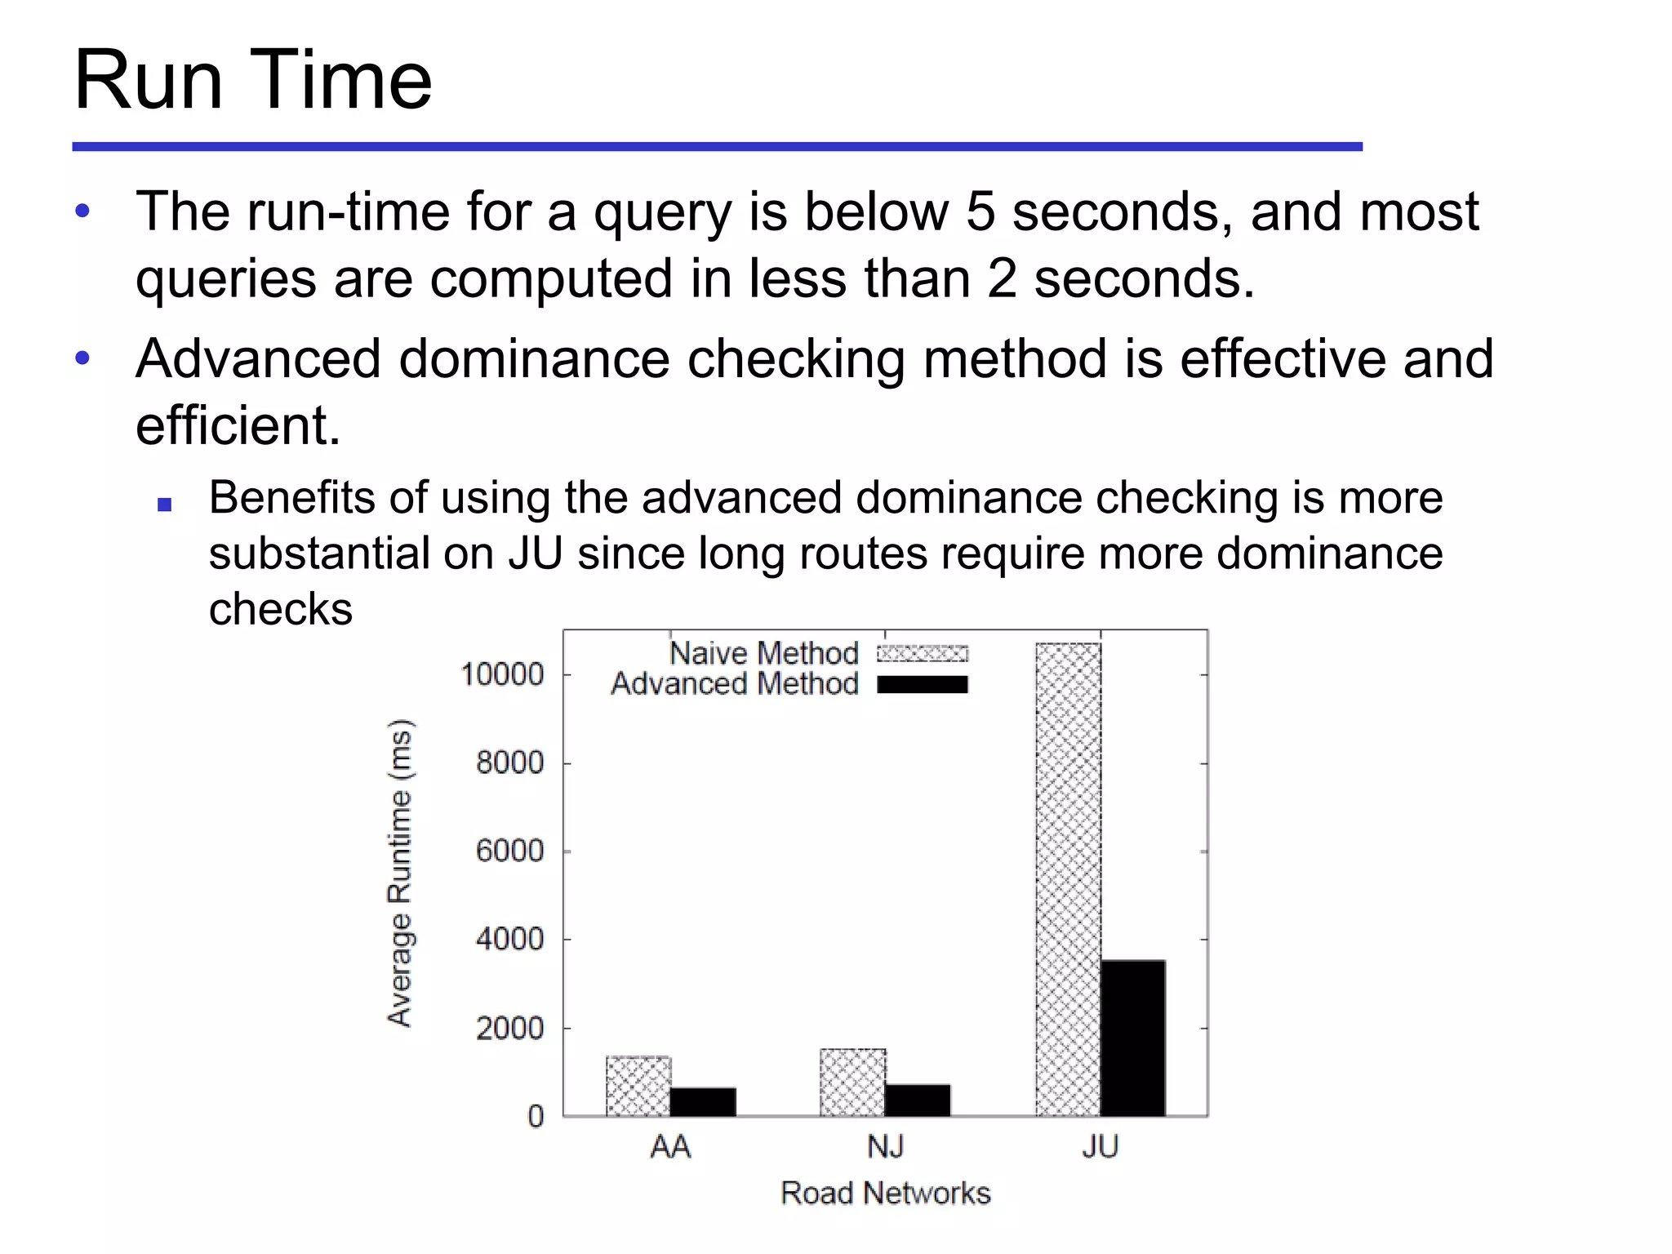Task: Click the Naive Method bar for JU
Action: coord(1068,878)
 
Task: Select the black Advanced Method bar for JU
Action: coord(1132,1038)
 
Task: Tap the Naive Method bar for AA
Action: coord(638,1086)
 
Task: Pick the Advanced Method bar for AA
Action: coord(703,1101)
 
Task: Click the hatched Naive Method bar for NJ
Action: coord(852,1082)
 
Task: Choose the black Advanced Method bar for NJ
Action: coord(918,1100)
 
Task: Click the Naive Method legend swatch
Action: coord(922,653)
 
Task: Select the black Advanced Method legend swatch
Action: coord(922,684)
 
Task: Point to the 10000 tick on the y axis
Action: coord(502,674)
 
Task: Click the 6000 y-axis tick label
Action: coord(509,851)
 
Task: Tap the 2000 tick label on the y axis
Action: coord(509,1028)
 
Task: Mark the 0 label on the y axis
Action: coord(536,1116)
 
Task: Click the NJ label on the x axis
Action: coord(885,1147)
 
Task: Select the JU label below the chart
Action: coord(1100,1147)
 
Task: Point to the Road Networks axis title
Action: coord(885,1193)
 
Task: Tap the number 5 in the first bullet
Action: coord(981,211)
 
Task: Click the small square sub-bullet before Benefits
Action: coord(164,505)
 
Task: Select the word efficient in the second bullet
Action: coord(237,425)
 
